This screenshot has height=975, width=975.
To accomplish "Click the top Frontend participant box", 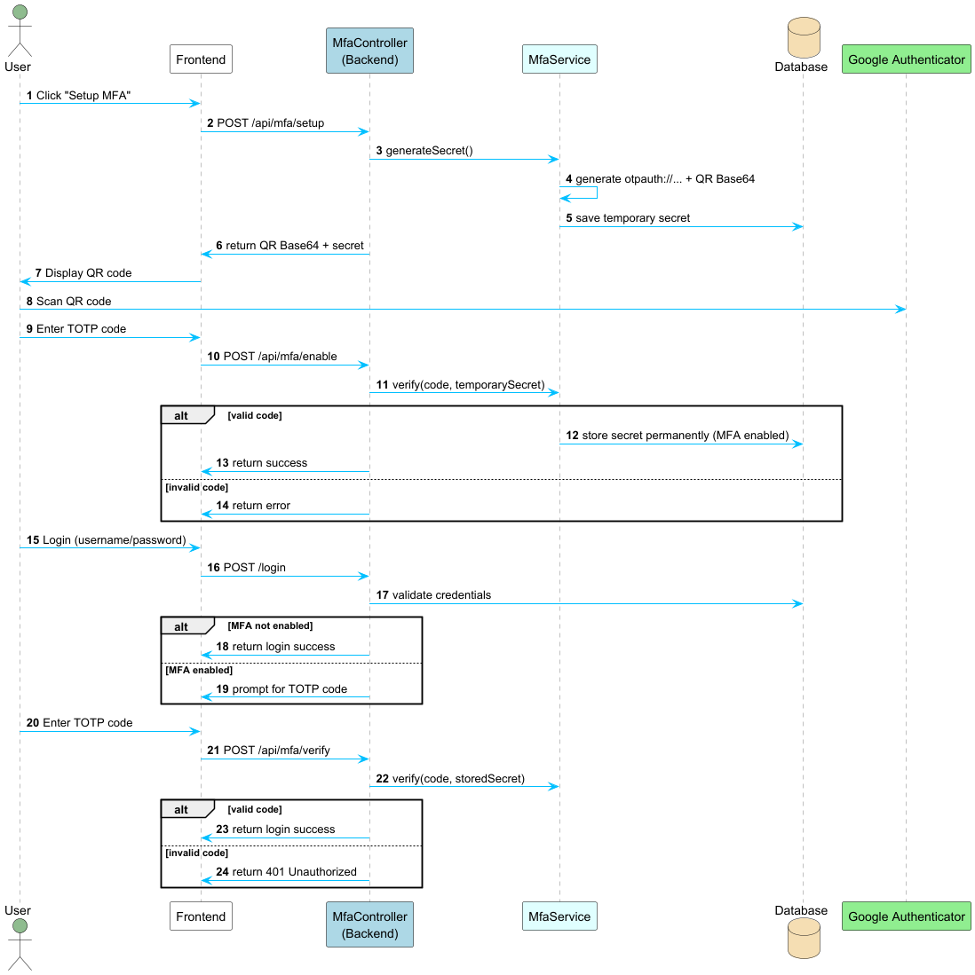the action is coord(201,59).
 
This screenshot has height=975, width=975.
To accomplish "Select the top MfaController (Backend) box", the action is coord(369,51).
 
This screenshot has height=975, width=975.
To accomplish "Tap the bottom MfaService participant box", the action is coord(559,916).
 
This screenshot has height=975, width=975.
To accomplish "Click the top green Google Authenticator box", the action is coord(906,59).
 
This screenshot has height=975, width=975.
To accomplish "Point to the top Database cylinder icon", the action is coord(804,37).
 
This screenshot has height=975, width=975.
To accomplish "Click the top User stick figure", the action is coord(20,30).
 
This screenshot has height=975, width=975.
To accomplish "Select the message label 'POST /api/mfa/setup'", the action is coord(271,123).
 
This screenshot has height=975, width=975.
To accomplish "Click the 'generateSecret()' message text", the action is coord(429,151).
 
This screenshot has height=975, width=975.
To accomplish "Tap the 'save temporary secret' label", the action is coord(633,218).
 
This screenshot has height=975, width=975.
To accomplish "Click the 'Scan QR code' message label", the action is coord(74,302).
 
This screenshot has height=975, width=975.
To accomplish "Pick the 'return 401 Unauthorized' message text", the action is coord(294,872).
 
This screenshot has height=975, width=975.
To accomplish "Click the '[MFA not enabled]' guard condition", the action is coord(270,625).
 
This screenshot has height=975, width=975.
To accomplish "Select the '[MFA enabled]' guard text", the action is coord(199,670).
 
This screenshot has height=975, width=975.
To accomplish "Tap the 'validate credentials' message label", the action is coord(441,595).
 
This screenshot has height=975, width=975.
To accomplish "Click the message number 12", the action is coord(573,436).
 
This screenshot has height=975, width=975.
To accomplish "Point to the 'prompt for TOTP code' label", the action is coord(290,689).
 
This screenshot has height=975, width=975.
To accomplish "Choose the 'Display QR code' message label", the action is coord(88,273).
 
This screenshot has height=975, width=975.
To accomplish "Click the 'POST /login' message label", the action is coord(255,568).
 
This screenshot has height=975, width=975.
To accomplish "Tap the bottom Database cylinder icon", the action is coord(804,939).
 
